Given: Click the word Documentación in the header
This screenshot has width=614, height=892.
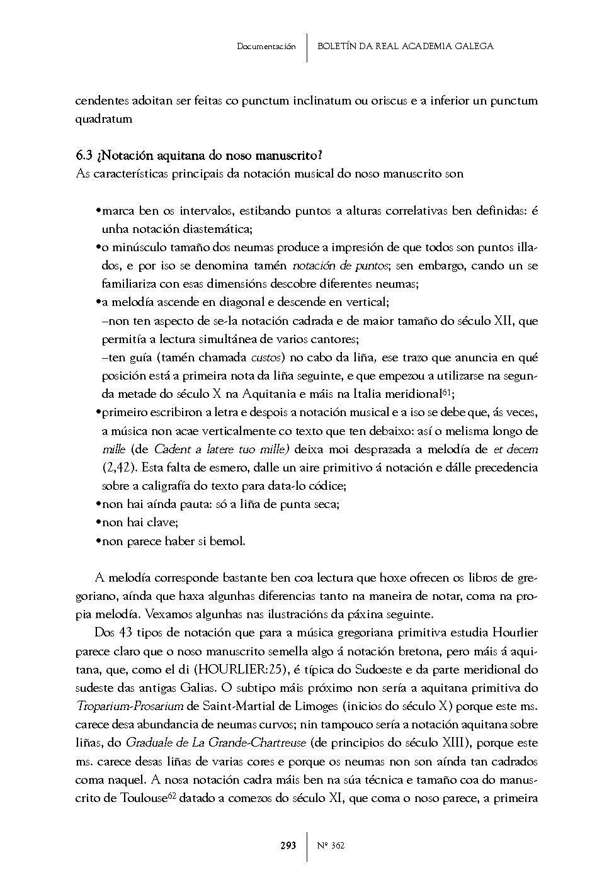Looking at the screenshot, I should (x=266, y=47).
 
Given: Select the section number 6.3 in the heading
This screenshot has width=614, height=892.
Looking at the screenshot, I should (x=84, y=155).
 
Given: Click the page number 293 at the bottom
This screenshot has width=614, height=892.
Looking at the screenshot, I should (x=288, y=845).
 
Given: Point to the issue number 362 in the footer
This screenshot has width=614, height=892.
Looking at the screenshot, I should (x=337, y=845).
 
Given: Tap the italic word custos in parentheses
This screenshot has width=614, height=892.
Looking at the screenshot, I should (x=264, y=358).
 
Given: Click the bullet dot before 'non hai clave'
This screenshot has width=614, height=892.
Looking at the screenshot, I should (x=98, y=522).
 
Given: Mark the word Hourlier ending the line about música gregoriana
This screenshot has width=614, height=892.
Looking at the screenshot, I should (x=516, y=632).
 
